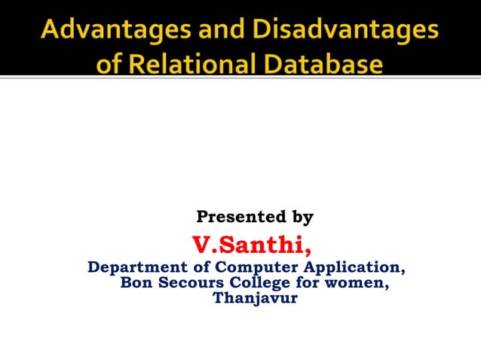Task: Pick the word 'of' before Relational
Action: coord(109,64)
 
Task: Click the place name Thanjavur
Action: coord(255,298)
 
